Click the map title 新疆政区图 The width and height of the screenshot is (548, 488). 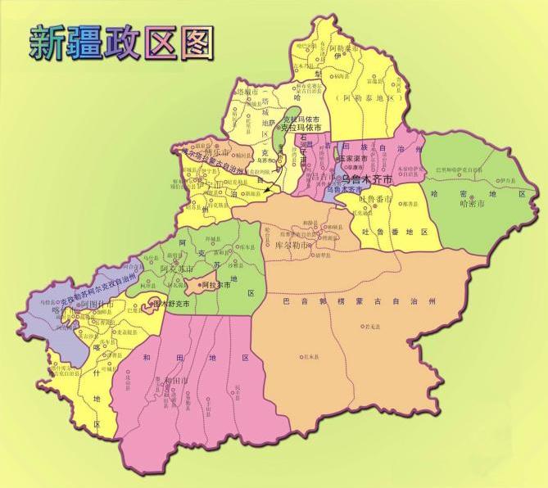pos(121,40)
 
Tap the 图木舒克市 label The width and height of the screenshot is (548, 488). pos(170,303)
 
